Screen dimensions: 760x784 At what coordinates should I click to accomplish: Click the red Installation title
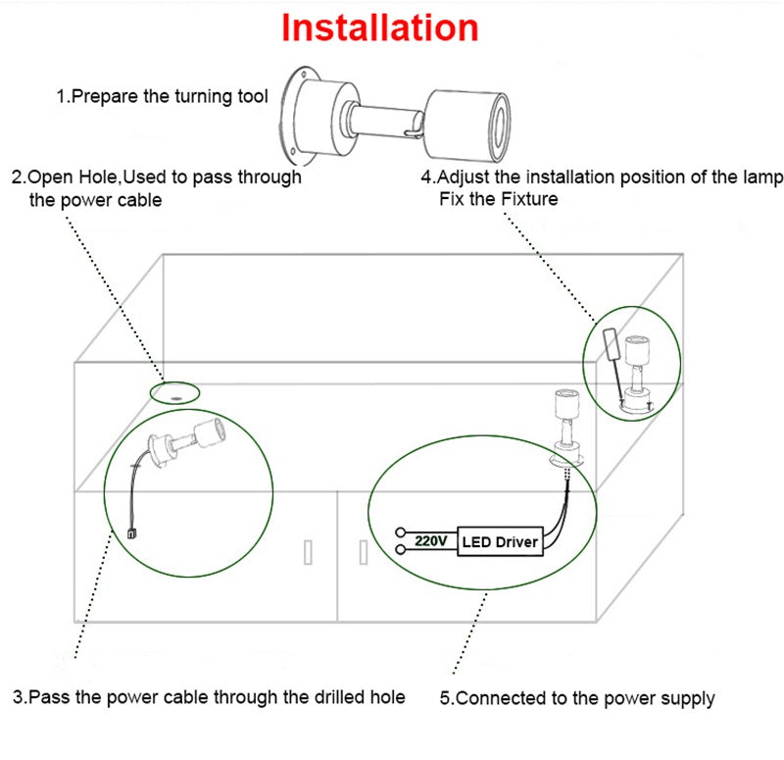pos(380,27)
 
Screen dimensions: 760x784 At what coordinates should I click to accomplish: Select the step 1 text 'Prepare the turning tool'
pos(162,97)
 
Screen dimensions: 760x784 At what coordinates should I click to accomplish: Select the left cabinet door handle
pos(308,552)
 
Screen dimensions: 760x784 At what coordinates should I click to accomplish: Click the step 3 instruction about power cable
pos(209,697)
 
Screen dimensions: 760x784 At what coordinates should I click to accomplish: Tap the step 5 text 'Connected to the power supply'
pos(576,698)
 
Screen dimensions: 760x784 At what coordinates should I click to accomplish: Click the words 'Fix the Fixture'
pos(499,199)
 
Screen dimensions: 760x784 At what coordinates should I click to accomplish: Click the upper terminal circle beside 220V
pos(401,533)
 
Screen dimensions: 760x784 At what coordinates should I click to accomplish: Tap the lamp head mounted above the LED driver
pos(564,403)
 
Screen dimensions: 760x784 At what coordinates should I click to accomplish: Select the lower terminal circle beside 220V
pos(401,550)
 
